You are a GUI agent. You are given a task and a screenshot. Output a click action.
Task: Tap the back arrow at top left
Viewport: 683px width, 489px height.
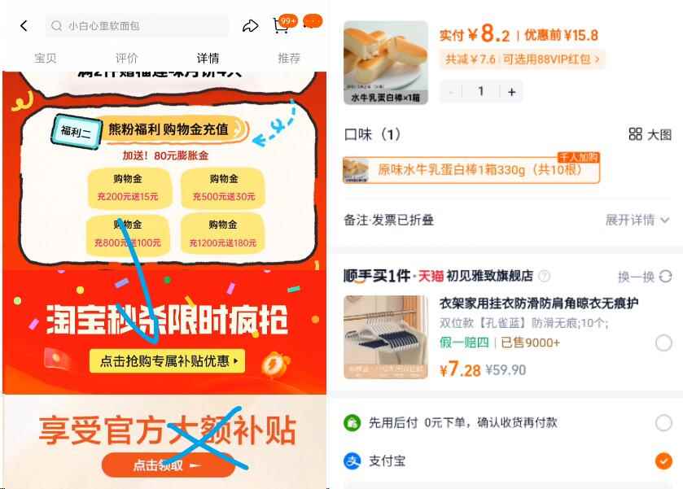[24, 26]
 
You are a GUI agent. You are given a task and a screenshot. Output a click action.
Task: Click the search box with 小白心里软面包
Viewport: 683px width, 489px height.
[137, 26]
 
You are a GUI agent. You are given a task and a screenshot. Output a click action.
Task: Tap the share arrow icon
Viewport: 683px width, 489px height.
[250, 26]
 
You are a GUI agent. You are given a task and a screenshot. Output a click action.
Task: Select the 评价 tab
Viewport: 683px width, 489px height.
[126, 58]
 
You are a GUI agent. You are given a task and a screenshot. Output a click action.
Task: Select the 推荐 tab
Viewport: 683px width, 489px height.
[289, 58]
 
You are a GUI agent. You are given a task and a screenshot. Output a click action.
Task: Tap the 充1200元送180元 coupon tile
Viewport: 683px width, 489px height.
[222, 234]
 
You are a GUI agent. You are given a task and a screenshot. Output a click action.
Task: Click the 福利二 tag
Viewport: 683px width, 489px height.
[77, 130]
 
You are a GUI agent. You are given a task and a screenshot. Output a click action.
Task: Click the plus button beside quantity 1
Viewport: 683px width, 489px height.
[511, 92]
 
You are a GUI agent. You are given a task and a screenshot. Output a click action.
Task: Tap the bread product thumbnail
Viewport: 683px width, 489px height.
[385, 62]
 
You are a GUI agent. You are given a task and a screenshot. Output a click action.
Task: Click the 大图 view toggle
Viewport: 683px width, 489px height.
[650, 134]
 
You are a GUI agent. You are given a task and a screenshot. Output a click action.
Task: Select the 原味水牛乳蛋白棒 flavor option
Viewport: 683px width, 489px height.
[471, 169]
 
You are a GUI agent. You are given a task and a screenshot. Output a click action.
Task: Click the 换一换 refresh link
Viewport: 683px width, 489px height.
[644, 277]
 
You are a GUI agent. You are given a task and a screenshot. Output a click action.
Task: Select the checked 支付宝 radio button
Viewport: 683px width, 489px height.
[663, 461]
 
